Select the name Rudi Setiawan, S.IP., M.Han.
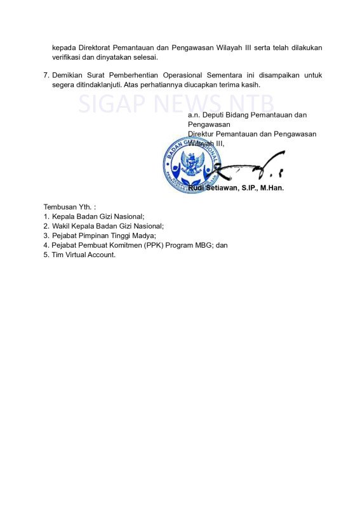click(x=236, y=188)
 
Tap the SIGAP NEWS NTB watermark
click(x=177, y=104)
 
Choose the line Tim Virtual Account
click(x=83, y=255)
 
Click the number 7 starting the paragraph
click(x=46, y=75)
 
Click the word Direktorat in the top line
click(x=93, y=48)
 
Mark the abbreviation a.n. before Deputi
click(x=193, y=115)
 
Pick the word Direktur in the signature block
click(x=202, y=134)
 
